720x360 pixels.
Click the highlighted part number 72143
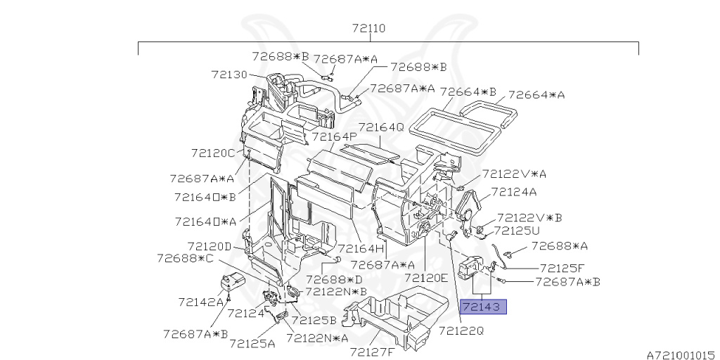tap(483, 307)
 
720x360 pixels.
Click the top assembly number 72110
tap(368, 28)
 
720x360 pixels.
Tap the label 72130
tap(229, 75)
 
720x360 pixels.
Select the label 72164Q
tap(381, 127)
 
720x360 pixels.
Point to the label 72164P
tap(335, 137)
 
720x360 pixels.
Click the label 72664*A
tap(536, 95)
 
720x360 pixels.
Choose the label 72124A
tap(514, 192)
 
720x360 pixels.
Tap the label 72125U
tap(517, 231)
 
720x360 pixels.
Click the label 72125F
tap(562, 268)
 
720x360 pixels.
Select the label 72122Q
tap(461, 330)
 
